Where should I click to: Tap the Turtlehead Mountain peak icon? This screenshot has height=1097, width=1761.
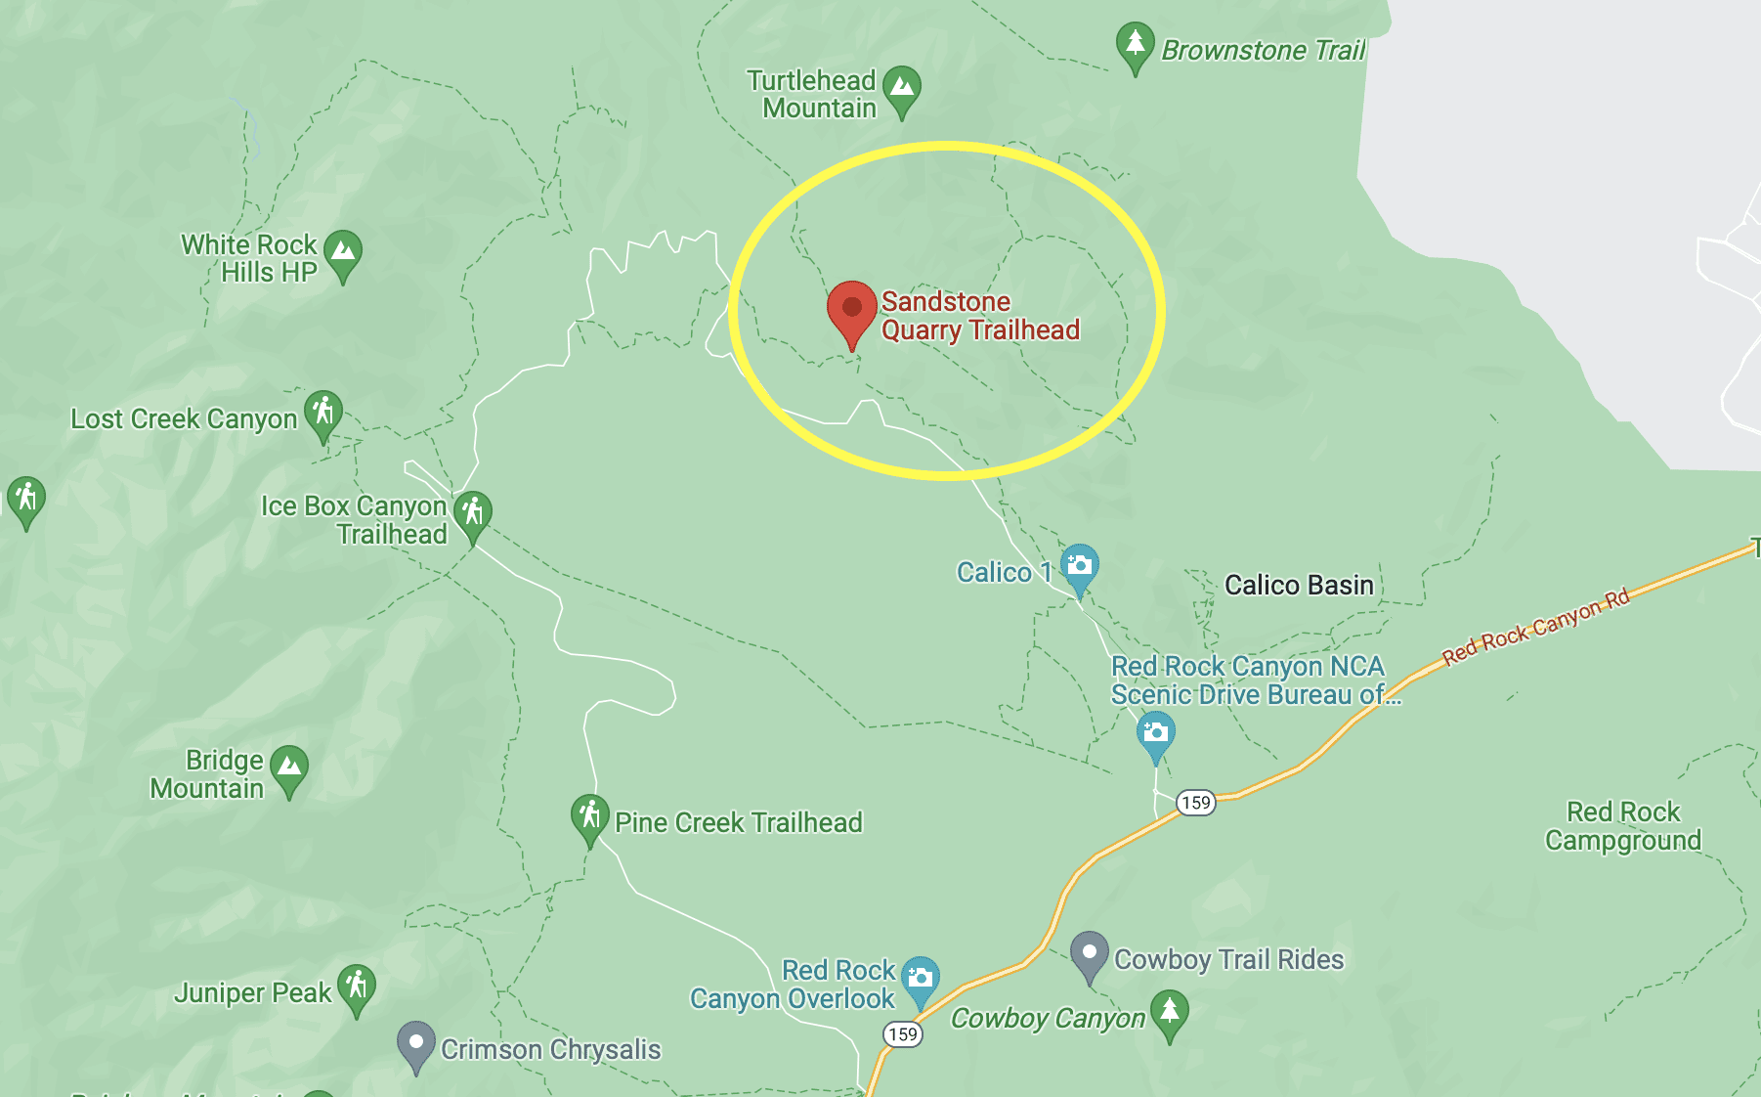[x=901, y=88]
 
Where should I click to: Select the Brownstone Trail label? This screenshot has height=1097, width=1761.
[x=1263, y=50]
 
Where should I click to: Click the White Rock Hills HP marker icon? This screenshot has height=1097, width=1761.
[x=342, y=252]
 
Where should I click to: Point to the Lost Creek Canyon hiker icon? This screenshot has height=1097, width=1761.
[x=322, y=413]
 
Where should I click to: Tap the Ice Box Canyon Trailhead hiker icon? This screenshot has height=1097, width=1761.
[x=473, y=512]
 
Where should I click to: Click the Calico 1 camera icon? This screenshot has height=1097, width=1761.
[x=1079, y=566]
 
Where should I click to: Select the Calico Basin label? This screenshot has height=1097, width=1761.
[x=1299, y=585]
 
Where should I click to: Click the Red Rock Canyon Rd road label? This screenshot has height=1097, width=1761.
[x=1535, y=625]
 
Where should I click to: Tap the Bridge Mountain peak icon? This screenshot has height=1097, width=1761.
[x=288, y=768]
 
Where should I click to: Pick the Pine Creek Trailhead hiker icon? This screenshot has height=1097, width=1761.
[x=589, y=816]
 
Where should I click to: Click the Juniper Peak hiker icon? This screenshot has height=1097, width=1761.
[x=356, y=986]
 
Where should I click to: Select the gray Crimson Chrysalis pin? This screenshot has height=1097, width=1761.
[x=415, y=1043]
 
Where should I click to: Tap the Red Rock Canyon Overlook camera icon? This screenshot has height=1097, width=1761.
[x=920, y=978]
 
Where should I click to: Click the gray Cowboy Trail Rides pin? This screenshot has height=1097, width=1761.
[x=1089, y=953]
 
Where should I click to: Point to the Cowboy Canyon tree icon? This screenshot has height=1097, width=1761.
[x=1169, y=1012]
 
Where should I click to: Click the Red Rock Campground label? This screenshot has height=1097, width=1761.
[x=1622, y=826]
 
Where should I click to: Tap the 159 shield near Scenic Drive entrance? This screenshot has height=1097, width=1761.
[x=1195, y=803]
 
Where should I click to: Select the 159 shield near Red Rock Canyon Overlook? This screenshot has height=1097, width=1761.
[x=902, y=1034]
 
